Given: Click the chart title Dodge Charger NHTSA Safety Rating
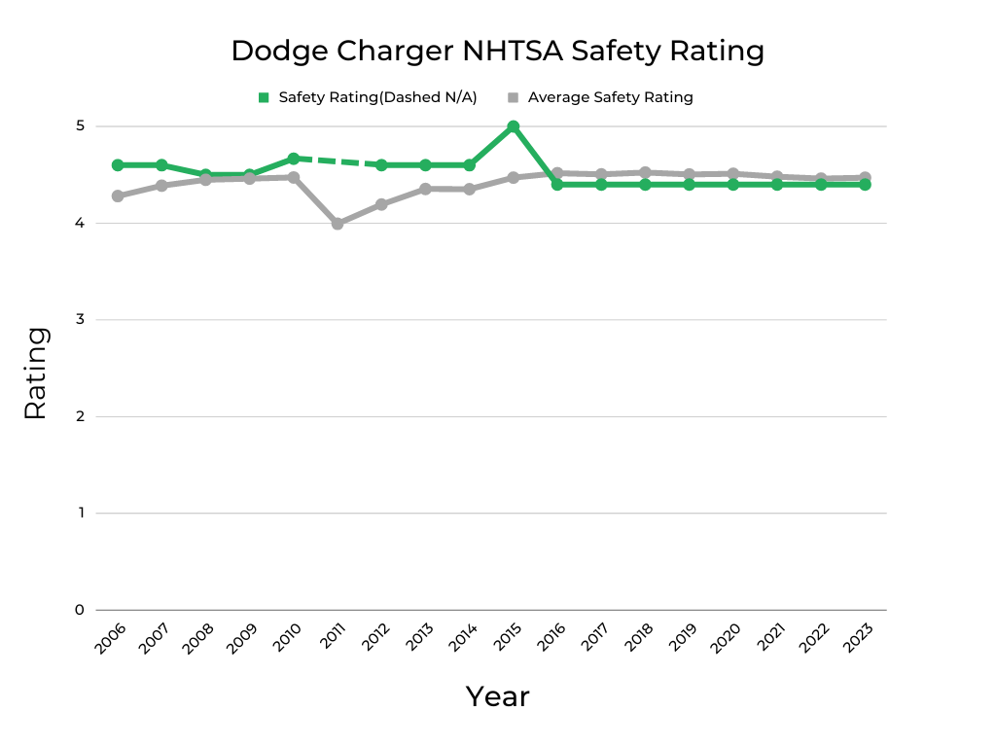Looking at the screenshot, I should coord(497,51).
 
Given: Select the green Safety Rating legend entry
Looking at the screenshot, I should coord(367,97).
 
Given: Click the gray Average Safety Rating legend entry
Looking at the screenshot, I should coord(600,97).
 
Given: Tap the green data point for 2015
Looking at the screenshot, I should coord(513,126).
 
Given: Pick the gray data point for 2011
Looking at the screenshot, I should coord(338,224).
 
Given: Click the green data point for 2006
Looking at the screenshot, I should coord(118,165).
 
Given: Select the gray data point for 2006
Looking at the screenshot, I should coord(118,196).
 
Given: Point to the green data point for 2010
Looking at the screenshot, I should coord(294,159).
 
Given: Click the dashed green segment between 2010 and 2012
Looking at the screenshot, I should coord(338,161).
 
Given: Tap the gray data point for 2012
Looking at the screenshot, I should coord(381,204).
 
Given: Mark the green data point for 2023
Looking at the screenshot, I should coord(865,184).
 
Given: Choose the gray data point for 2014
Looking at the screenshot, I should coord(469,189).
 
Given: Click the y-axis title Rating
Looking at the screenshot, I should coord(35,373).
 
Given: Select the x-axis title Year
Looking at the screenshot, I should coord(497,696).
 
